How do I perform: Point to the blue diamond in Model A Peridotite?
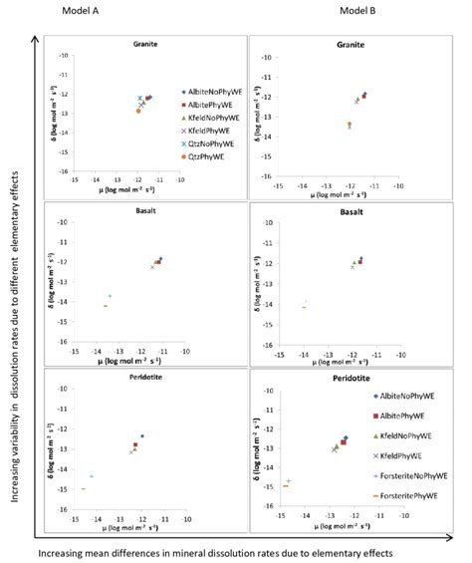[142, 436]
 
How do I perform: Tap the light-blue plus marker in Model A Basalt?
[110, 296]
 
